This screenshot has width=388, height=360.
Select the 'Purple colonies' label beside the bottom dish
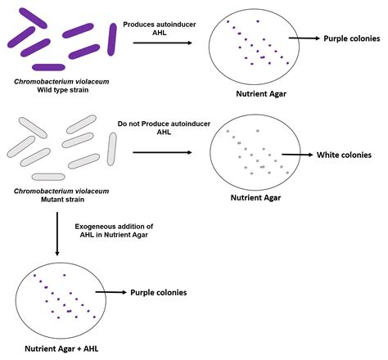click(158, 291)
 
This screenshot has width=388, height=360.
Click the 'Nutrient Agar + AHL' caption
click(54, 349)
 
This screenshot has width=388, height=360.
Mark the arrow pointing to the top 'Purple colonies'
click(305, 38)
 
